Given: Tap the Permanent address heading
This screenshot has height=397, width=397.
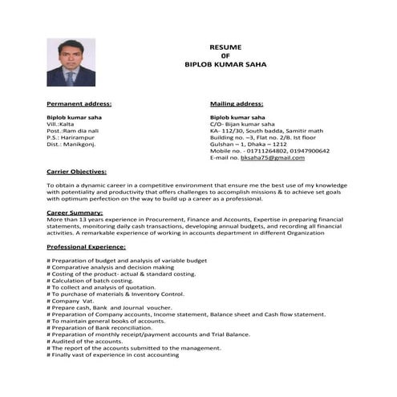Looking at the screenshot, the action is coord(79,103).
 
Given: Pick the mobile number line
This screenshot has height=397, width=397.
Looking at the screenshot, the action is coord(269,150).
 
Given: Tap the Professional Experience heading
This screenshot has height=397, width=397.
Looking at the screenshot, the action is coord(87,250).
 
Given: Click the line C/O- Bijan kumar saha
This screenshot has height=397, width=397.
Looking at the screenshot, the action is coord(244,124).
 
